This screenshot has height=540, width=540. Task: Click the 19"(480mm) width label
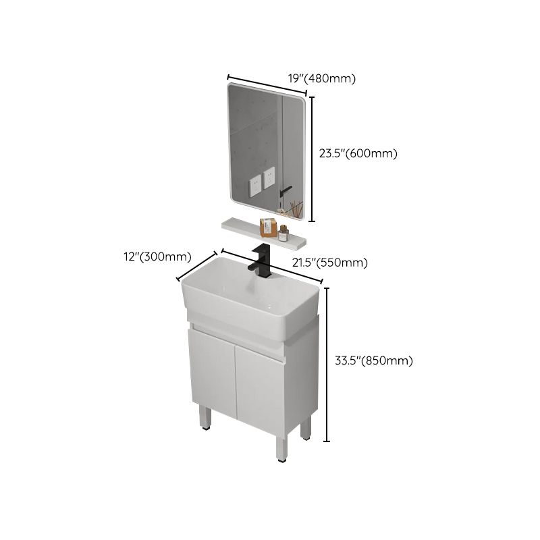point(321,79)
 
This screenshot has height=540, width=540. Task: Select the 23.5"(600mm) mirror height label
point(358,153)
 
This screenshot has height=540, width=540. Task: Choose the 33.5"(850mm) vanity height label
point(373,360)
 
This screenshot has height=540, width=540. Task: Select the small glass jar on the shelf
point(283,233)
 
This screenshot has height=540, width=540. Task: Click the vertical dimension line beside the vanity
point(328,364)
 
